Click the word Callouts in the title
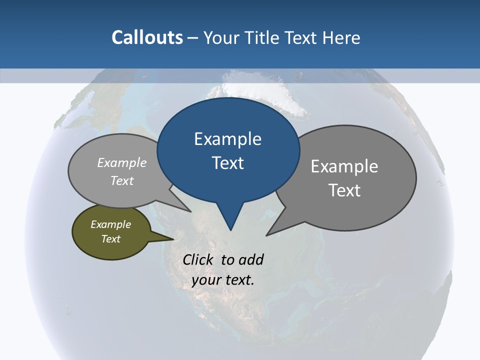(147, 37)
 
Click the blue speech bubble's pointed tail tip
(230, 230)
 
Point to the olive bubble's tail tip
(173, 239)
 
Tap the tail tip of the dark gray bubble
(266, 235)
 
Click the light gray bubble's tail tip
(191, 211)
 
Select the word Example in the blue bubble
(227, 138)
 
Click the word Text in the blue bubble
(228, 163)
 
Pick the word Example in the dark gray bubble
(344, 166)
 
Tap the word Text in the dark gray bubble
(344, 190)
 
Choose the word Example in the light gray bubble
(122, 162)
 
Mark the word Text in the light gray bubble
(122, 180)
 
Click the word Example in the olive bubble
(111, 224)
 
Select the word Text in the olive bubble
(111, 239)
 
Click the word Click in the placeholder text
(198, 259)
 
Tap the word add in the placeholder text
(251, 259)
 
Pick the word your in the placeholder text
(206, 280)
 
